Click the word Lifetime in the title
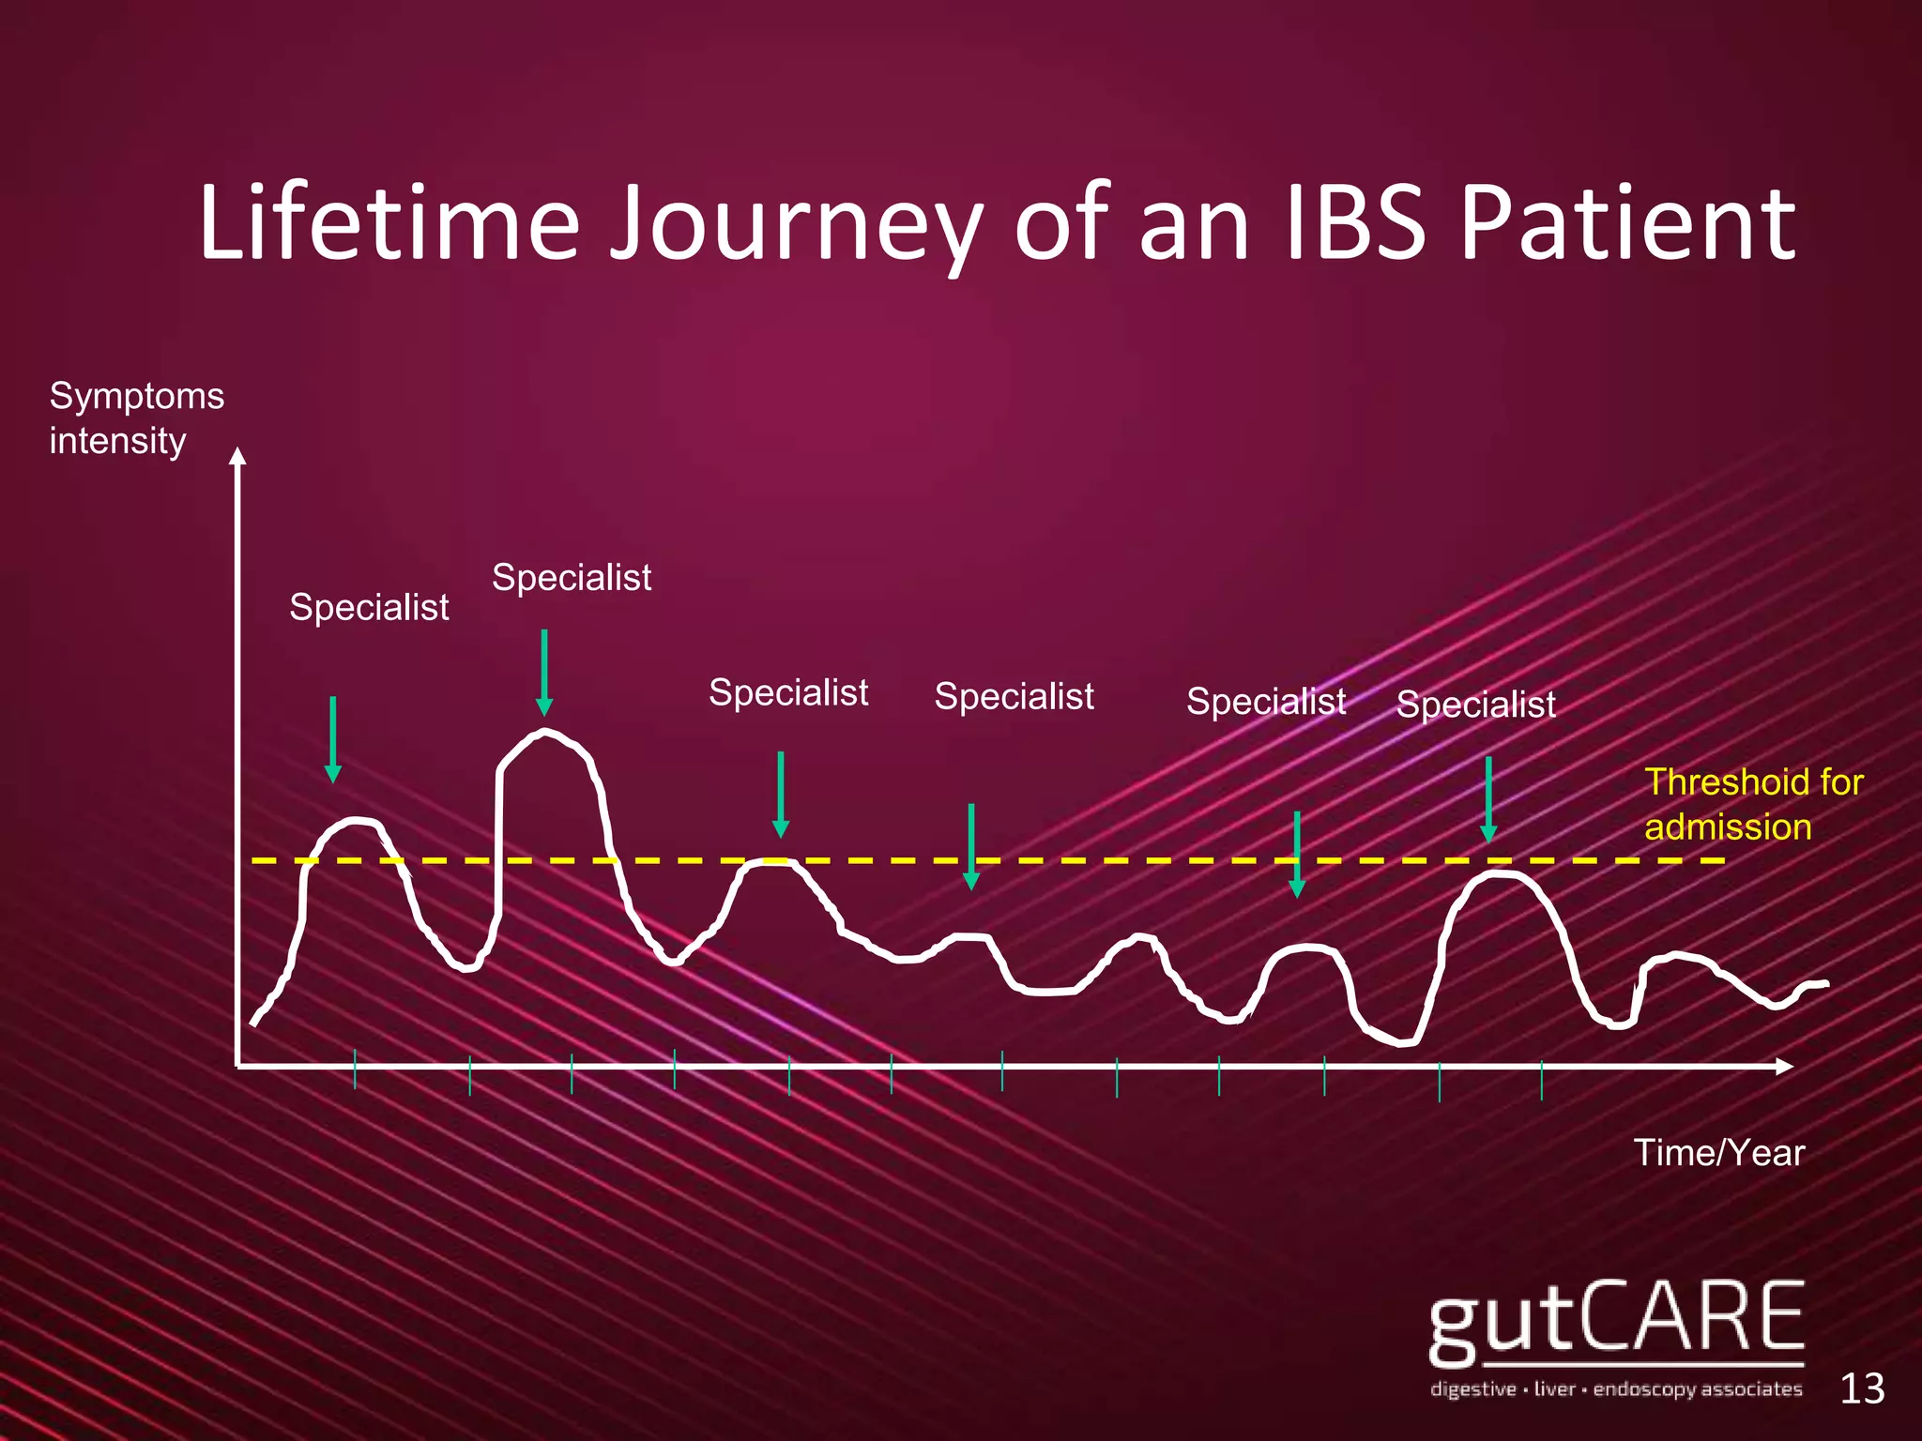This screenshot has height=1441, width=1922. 389,225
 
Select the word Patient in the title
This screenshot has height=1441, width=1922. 1628,225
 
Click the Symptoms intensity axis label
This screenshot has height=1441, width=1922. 136,418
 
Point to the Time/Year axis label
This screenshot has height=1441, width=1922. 1718,1153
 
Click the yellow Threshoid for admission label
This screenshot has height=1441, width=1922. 1752,804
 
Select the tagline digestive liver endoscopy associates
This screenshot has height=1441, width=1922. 1615,1388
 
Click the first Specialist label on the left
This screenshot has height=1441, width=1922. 369,608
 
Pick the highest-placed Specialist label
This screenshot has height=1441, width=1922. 572,578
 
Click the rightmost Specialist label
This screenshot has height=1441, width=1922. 1475,705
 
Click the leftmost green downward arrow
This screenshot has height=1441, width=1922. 332,739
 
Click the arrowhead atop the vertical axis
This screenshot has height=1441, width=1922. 238,456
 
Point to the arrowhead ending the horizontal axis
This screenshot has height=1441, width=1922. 1784,1067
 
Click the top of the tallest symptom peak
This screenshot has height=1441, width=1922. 544,731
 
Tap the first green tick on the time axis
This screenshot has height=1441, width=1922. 355,1069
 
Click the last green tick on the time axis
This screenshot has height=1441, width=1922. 1541,1080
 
